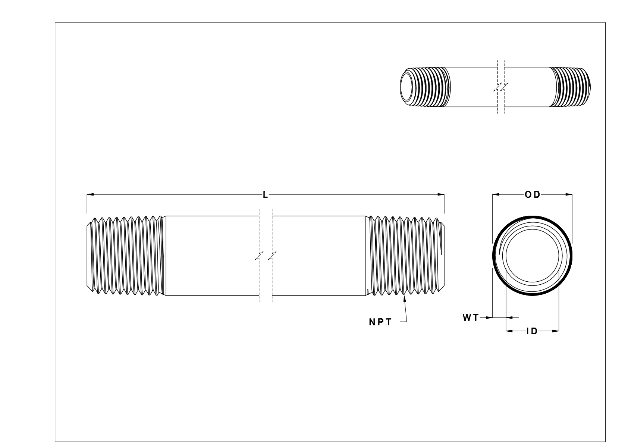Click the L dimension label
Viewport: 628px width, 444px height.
(x=265, y=195)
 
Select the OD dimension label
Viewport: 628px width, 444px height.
(x=532, y=194)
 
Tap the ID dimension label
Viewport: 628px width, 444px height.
(x=532, y=331)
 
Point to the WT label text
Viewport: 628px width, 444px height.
(x=470, y=318)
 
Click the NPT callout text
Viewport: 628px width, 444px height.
(x=380, y=322)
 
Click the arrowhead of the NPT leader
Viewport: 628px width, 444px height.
(x=404, y=298)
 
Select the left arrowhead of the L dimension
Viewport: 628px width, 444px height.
(x=90, y=194)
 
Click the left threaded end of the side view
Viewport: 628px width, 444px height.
(x=125, y=256)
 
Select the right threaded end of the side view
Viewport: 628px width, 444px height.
(x=405, y=256)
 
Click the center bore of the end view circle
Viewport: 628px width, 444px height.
(x=532, y=256)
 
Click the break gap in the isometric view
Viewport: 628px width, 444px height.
(x=501, y=87)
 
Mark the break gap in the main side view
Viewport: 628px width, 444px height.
(x=266, y=256)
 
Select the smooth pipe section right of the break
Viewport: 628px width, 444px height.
(x=319, y=256)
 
